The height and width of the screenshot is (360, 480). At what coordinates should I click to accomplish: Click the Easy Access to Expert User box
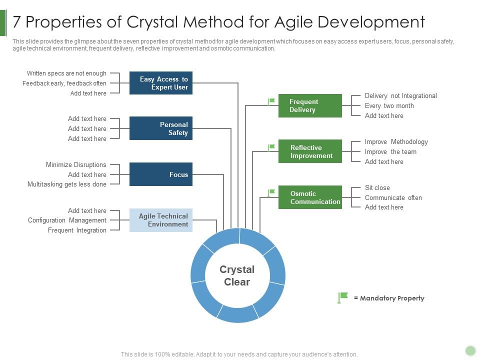(x=160, y=83)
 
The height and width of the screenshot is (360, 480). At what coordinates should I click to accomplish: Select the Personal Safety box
(x=160, y=128)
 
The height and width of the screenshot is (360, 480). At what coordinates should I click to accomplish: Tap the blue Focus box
(x=160, y=174)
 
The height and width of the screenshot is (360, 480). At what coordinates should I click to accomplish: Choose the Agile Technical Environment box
(x=160, y=220)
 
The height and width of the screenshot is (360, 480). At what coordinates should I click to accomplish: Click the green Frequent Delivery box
(x=310, y=105)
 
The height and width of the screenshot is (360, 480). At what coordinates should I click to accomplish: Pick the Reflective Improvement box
(x=310, y=151)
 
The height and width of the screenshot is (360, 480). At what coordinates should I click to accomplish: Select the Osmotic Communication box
(x=310, y=197)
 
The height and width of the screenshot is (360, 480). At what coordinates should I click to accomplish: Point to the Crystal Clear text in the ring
(x=237, y=275)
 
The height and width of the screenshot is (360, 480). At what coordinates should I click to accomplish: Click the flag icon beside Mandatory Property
(x=342, y=298)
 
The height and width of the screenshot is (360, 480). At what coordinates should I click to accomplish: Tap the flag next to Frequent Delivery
(x=271, y=101)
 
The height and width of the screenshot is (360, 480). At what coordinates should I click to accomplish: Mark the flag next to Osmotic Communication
(x=271, y=193)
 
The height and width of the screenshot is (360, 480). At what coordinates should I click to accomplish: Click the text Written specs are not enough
(x=66, y=73)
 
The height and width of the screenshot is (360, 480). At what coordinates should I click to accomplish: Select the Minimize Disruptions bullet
(x=76, y=164)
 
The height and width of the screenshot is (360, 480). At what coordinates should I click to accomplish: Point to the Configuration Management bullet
(x=67, y=220)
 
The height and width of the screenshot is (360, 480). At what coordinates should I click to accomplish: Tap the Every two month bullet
(x=389, y=105)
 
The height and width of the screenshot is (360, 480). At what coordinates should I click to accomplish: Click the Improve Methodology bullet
(x=396, y=141)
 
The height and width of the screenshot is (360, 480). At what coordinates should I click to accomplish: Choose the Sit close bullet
(x=377, y=187)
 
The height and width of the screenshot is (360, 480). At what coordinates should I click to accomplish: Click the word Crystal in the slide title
(x=153, y=22)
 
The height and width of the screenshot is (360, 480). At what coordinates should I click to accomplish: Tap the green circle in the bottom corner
(x=470, y=350)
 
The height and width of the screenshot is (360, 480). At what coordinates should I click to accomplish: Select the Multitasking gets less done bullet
(x=66, y=184)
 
